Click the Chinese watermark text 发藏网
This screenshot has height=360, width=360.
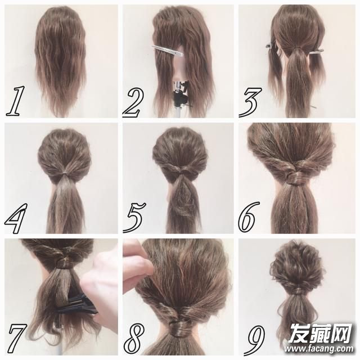click(320, 332)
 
